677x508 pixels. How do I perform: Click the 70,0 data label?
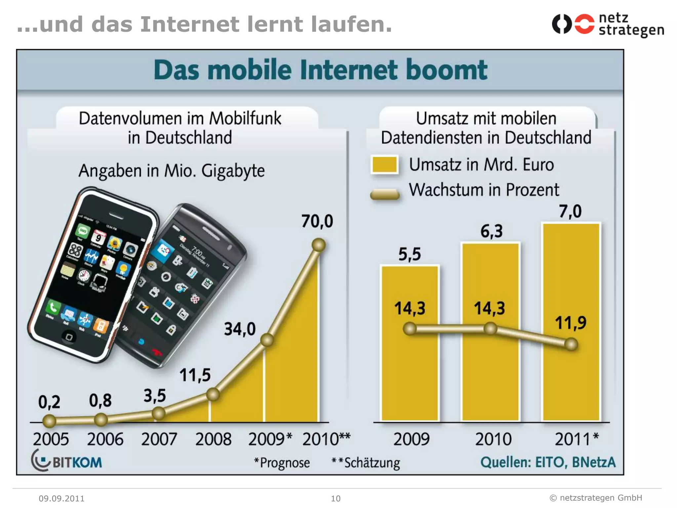(x=317, y=221)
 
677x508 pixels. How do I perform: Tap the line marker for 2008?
(x=213, y=394)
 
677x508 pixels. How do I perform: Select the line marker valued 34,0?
(x=267, y=340)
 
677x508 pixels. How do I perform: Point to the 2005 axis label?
(x=51, y=439)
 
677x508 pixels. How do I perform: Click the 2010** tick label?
(x=326, y=439)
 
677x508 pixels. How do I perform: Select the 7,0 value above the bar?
(x=570, y=211)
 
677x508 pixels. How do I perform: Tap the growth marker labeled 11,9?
(x=571, y=344)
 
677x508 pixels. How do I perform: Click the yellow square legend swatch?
(x=384, y=164)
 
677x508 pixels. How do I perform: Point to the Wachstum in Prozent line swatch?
(x=385, y=194)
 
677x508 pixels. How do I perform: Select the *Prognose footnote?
(x=282, y=463)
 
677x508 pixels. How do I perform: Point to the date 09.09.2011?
(x=61, y=498)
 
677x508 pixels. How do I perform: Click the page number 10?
(x=336, y=498)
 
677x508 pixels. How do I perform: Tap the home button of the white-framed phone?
(x=69, y=337)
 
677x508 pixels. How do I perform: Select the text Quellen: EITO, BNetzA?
(x=548, y=462)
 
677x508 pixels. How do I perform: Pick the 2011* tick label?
(x=576, y=439)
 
